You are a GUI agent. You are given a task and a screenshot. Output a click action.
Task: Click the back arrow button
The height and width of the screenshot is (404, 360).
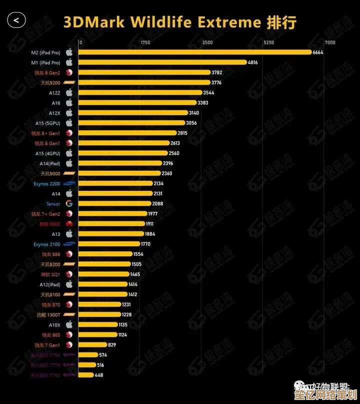[x=16, y=21]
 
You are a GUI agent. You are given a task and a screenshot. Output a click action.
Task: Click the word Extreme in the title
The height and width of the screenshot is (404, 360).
[x=229, y=22]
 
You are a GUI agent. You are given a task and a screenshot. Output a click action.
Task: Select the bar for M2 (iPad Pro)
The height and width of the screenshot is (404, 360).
[x=194, y=52]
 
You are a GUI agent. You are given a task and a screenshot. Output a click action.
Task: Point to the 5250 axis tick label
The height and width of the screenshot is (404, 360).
[x=269, y=43]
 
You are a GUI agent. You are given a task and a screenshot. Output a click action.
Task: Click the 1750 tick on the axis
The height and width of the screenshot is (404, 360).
[x=145, y=43]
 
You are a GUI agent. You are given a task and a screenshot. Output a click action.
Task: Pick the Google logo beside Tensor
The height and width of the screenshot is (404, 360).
[x=69, y=204]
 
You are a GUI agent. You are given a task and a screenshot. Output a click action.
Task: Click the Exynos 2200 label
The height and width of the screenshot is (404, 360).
[x=47, y=184]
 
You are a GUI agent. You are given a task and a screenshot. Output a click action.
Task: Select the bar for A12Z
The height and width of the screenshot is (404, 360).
[x=140, y=93]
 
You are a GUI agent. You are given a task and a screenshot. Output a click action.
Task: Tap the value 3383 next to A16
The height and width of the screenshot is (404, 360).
[x=203, y=103]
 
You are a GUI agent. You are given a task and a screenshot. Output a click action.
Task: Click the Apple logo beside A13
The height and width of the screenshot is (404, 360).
[x=69, y=234]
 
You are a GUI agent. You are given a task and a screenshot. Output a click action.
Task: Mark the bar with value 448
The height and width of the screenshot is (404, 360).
[x=86, y=375]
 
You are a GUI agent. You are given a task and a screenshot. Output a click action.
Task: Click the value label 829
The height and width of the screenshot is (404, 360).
[x=112, y=344]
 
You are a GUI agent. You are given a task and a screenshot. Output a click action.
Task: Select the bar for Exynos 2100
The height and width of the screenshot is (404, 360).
[x=109, y=244]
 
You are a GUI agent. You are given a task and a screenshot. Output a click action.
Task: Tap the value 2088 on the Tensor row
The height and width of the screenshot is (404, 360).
[x=157, y=204]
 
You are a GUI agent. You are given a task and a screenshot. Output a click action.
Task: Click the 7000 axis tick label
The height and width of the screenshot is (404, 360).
[x=330, y=43]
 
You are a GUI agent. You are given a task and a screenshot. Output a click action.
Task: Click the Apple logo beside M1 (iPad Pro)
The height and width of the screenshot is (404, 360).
[x=69, y=62]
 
